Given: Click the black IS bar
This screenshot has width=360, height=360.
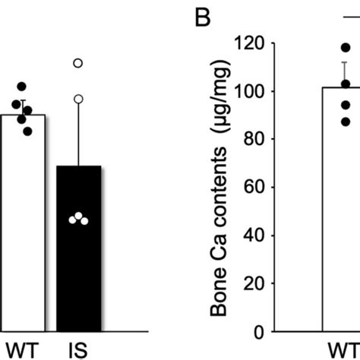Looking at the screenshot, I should point(77,251).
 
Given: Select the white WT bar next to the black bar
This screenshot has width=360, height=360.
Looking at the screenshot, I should point(23,224).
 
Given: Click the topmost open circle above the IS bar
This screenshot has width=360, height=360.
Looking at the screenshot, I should point(77,64).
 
